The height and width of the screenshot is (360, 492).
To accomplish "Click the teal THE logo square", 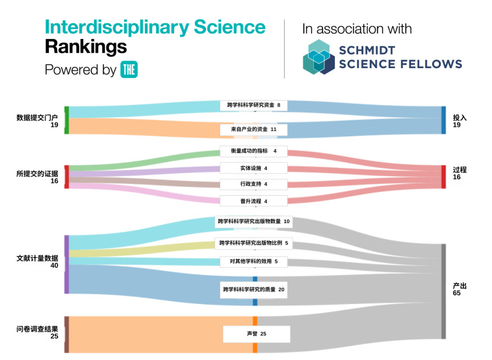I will [129, 69].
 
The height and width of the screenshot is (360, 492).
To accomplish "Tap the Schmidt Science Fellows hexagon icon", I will [318, 57].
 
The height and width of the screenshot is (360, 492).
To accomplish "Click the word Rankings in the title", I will [86, 46].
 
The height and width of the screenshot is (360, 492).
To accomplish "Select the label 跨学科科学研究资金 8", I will [254, 105].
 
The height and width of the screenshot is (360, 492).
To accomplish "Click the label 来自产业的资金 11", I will [254, 129].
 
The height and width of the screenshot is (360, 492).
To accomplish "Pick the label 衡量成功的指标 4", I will [254, 151].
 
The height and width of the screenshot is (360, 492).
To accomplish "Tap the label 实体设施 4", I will [254, 168].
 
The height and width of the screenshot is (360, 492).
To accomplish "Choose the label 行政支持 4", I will [254, 184].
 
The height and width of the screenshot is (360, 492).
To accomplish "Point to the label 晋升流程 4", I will [254, 201].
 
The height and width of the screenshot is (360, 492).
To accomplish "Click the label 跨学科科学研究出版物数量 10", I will [254, 221].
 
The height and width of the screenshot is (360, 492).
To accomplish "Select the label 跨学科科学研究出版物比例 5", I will [254, 243].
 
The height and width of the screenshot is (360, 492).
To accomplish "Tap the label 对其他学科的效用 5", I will [254, 262].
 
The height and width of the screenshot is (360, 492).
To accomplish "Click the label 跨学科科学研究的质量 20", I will [254, 289].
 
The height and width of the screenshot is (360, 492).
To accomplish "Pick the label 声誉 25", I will [256, 334].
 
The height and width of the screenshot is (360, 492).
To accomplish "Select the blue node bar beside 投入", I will [443, 121].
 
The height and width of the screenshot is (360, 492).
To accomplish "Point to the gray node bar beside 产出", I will [443, 291].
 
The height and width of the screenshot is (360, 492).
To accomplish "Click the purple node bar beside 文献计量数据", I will [66, 264].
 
